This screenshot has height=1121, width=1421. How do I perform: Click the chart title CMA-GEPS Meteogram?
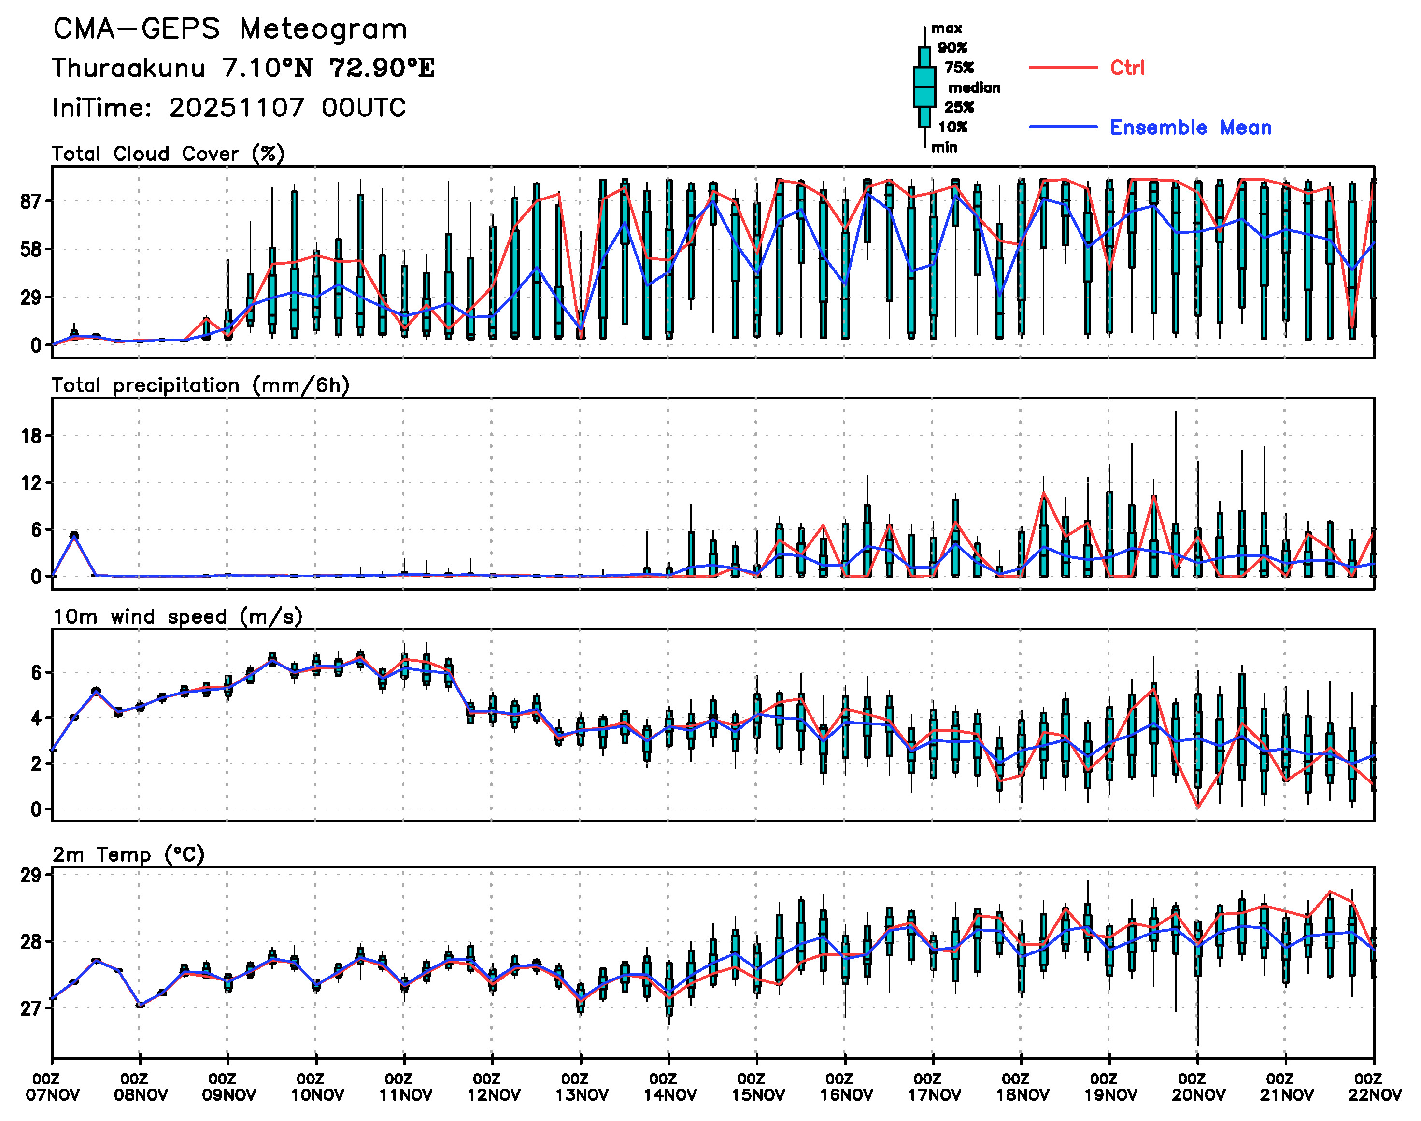tap(230, 29)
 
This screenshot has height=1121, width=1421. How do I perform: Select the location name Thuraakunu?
tap(128, 68)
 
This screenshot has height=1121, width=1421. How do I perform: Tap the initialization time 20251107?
tap(236, 108)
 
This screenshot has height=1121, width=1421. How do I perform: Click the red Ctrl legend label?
tap(1127, 68)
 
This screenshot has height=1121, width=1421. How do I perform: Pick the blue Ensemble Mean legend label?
tap(1190, 128)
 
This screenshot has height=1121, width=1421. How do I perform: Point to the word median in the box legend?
tap(974, 88)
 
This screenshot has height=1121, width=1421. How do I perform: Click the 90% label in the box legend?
tap(952, 48)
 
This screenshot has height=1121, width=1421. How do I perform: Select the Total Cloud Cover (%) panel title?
tap(168, 154)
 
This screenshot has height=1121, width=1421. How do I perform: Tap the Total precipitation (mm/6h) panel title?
tap(200, 385)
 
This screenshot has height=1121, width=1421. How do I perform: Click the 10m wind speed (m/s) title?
tap(177, 617)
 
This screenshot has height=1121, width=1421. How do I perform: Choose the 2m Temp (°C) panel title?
tap(128, 854)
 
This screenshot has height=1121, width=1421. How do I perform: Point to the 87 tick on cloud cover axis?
tap(31, 201)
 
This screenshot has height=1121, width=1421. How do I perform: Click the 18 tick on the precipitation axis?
tap(31, 436)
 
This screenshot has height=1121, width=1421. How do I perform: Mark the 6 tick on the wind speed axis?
tap(35, 673)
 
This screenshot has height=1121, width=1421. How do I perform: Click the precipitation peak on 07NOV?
tap(74, 536)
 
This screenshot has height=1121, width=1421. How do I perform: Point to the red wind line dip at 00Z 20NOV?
tap(1198, 807)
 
